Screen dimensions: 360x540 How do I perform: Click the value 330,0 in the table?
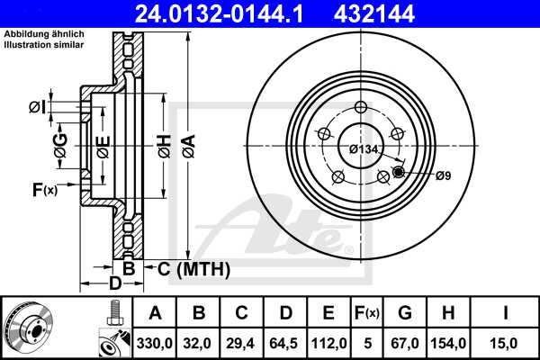155,342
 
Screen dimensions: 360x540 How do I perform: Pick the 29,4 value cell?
241,342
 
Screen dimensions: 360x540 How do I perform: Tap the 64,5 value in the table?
284,342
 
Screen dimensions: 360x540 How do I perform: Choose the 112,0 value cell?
328,342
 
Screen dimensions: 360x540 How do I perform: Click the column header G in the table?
405,313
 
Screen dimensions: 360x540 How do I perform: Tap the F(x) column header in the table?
368,313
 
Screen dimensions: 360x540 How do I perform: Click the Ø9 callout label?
442,175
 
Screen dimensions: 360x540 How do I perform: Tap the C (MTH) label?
193,269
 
